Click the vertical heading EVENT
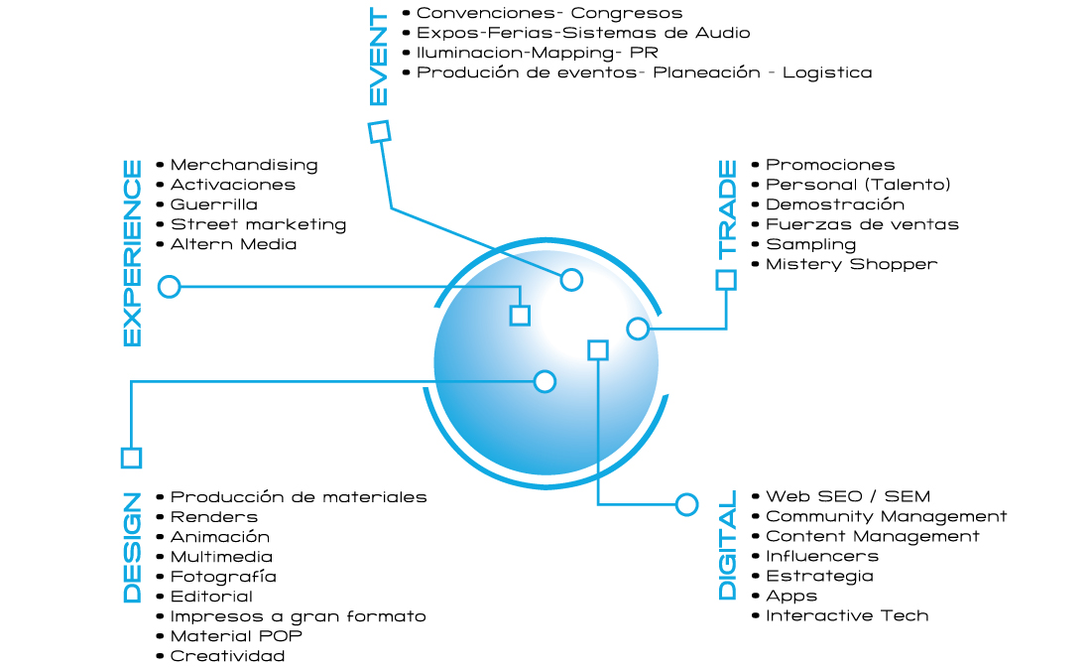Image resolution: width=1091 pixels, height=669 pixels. coord(379,58)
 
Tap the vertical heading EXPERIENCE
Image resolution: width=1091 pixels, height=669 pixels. coord(132,253)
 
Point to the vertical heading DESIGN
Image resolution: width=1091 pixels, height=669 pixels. coord(132,547)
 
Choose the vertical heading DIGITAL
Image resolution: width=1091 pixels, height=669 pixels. coord(727,545)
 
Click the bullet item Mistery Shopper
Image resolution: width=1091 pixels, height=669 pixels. coord(851,264)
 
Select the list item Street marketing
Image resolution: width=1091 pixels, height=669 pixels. coord(258,224)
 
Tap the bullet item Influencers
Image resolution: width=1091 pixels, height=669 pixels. coord(822,556)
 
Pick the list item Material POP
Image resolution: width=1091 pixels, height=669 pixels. coord(236,636)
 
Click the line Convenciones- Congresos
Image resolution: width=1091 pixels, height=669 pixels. coord(549,13)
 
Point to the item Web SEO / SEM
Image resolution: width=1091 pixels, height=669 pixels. coord(848,496)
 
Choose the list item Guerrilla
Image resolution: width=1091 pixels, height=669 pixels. coord(214,204)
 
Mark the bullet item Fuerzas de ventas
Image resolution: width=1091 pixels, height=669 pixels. coord(862,224)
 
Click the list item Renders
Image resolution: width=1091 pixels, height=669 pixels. coord(214,517)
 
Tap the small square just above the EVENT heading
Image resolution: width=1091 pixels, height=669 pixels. coord(379,131)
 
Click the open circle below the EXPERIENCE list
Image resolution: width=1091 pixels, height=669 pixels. coord(170,287)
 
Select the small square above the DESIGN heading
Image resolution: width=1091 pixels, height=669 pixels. coord(131,458)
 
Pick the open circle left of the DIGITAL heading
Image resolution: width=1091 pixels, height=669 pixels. coord(686,504)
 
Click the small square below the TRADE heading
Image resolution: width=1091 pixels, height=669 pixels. coord(726,280)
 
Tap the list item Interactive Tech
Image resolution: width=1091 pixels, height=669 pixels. coord(847,615)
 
